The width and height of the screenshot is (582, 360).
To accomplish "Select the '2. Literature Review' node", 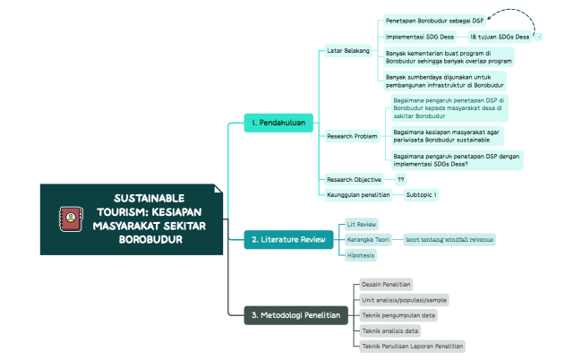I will [288, 239].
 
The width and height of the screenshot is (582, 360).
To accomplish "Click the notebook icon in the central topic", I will [69, 218].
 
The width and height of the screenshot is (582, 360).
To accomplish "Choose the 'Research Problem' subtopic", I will [352, 136].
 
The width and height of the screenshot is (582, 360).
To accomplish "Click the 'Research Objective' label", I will [355, 179].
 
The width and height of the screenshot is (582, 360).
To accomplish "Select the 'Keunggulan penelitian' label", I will [358, 193].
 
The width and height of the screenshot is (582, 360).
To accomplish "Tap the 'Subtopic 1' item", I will [421, 193].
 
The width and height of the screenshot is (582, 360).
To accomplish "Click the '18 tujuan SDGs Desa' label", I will [499, 37].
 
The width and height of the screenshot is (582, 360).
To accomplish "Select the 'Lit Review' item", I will [362, 223].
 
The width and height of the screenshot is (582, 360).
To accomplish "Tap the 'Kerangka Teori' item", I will [368, 239].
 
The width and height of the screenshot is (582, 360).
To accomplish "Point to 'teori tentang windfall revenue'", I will [449, 239].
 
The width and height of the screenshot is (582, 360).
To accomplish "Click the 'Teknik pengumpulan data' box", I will [398, 315].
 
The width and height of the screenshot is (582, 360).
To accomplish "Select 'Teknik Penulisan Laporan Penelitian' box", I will [412, 345].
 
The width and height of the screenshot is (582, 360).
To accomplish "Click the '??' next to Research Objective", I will [400, 179].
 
